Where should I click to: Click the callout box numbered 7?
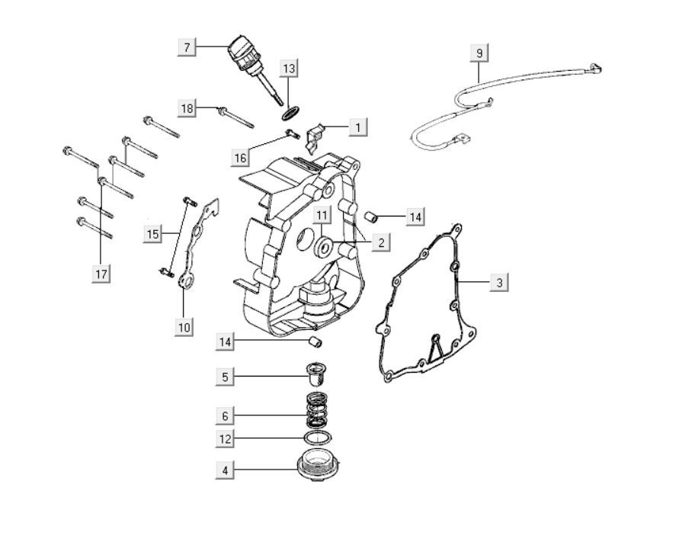pyautogui.click(x=187, y=47)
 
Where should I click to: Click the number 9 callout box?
pyautogui.click(x=479, y=53)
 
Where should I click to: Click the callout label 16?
pyautogui.click(x=241, y=158)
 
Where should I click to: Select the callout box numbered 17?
pyautogui.click(x=101, y=273)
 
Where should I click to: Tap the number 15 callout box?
pyautogui.click(x=153, y=234)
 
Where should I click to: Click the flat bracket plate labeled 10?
pyautogui.click(x=198, y=244)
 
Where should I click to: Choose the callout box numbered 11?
pyautogui.click(x=322, y=215)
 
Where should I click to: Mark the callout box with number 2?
pyautogui.click(x=380, y=242)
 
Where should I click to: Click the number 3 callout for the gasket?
pyautogui.click(x=499, y=282)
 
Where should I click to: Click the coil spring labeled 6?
pyautogui.click(x=315, y=410)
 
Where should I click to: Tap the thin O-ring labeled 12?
pyautogui.click(x=316, y=438)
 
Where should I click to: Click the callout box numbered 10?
pyautogui.click(x=183, y=327)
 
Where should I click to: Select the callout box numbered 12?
pyautogui.click(x=224, y=439)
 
